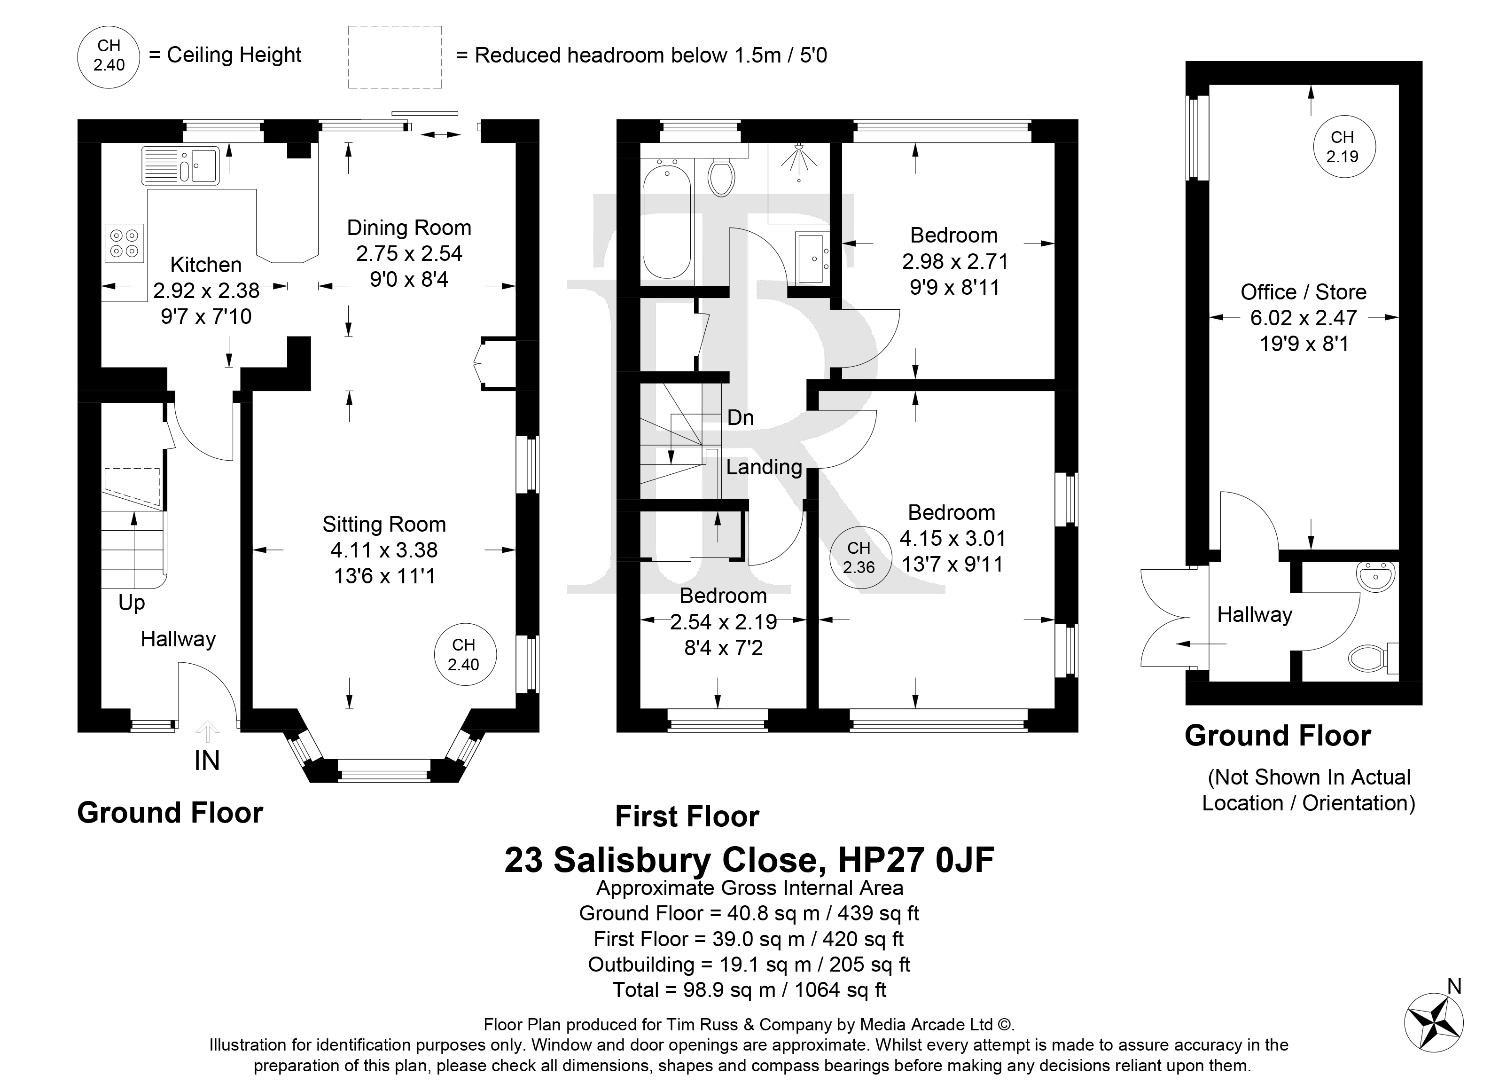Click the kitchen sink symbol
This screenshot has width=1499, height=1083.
(x=180, y=165)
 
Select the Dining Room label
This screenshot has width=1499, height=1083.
(x=409, y=228)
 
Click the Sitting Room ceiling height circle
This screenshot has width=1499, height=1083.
(x=465, y=655)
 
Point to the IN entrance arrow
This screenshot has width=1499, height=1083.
(x=208, y=732)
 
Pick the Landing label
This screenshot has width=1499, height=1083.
(x=764, y=467)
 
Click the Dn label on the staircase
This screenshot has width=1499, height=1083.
(x=740, y=418)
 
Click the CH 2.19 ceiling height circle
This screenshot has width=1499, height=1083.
(x=1343, y=147)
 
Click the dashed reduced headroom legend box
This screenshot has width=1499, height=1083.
(x=395, y=57)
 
